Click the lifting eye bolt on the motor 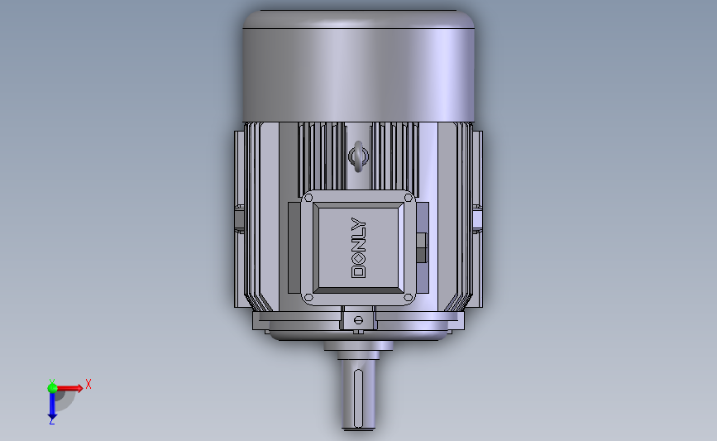click(x=359, y=156)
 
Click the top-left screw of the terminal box click(x=308, y=198)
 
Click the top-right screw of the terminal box click(x=409, y=198)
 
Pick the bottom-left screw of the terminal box click(x=308, y=298)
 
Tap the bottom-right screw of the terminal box click(x=409, y=298)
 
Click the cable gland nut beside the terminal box click(x=422, y=247)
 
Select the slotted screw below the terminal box click(x=359, y=320)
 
